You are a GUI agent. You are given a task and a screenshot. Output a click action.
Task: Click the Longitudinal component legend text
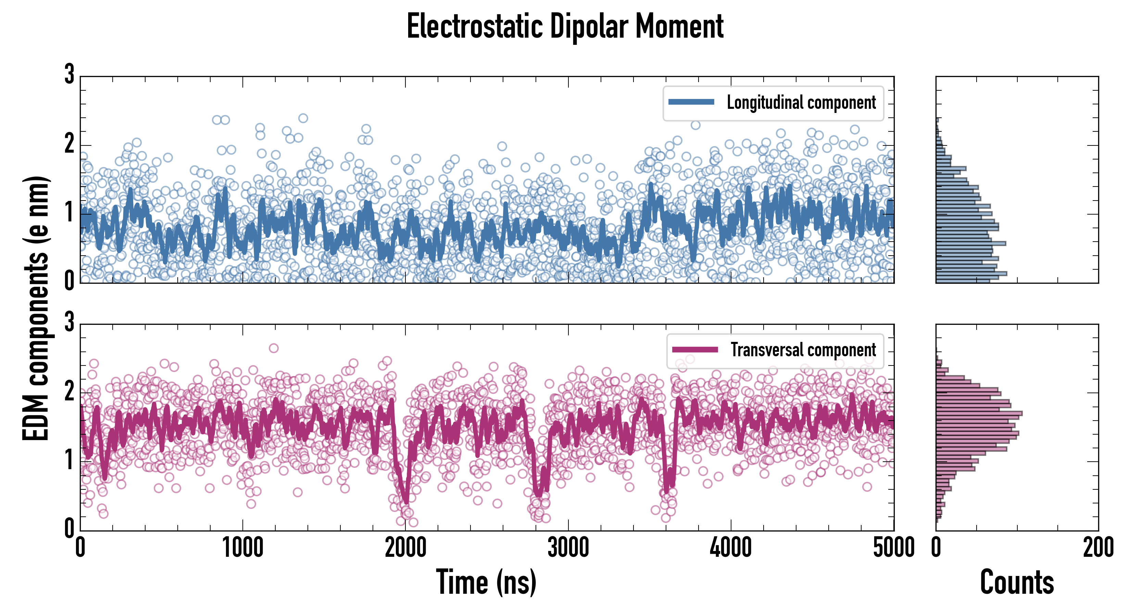coord(801,103)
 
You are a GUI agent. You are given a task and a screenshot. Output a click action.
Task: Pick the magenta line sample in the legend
coord(695,349)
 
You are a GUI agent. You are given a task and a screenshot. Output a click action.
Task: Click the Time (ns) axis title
coord(486,582)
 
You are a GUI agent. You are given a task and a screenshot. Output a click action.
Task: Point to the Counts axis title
coord(1017,582)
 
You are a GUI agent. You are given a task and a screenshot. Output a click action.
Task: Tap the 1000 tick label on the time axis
coord(242,548)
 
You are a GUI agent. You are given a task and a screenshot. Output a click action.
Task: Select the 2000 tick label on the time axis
coord(405,548)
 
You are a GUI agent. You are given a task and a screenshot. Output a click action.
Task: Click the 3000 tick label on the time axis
coord(568,548)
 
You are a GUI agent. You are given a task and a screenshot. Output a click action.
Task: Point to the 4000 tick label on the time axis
coord(731,548)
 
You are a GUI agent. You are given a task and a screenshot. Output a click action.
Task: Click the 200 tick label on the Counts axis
coord(1098,548)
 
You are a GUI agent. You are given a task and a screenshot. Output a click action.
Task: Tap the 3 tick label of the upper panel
coord(69,75)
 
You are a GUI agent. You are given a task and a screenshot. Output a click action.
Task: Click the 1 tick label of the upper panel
coord(69,213)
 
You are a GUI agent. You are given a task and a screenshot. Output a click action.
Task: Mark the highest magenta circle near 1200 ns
coord(273,348)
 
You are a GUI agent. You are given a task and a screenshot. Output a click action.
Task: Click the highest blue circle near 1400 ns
coord(303,118)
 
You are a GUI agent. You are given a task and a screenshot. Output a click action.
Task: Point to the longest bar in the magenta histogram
coord(979,413)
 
